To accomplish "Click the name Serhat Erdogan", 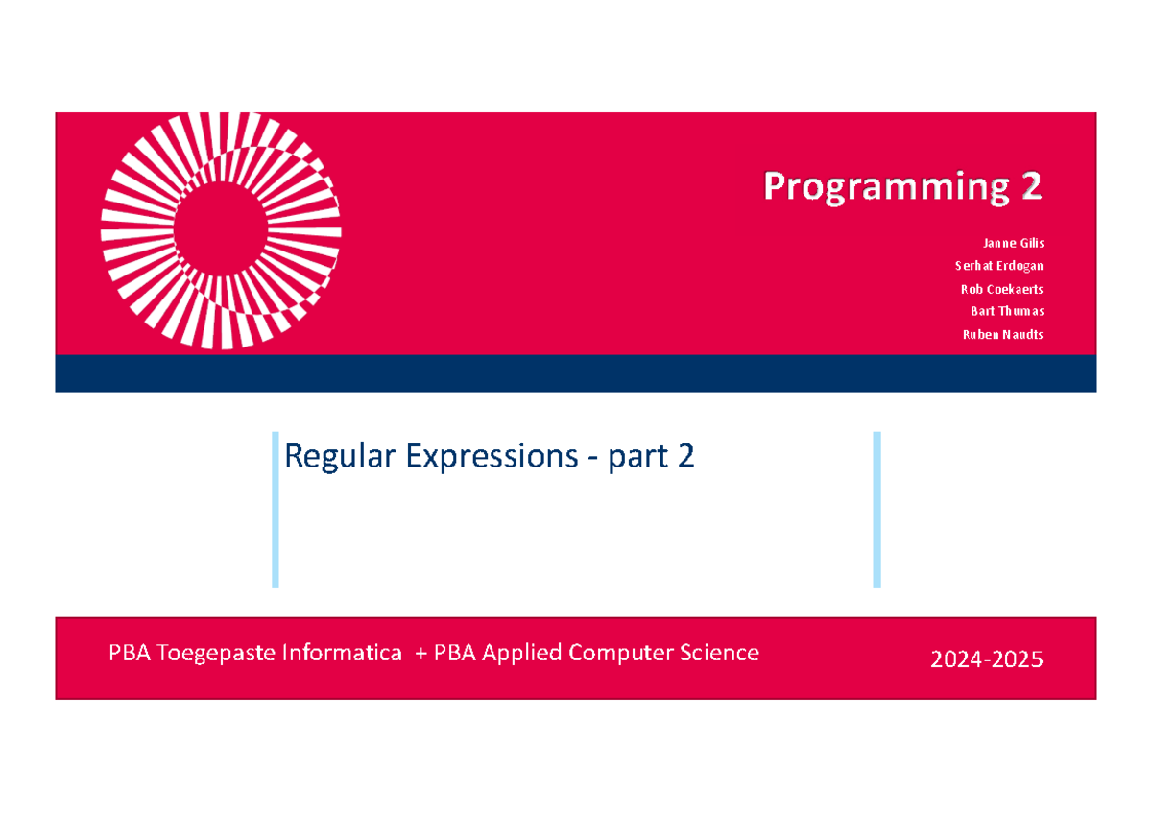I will (998, 266).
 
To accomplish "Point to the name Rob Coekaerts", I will (1001, 289).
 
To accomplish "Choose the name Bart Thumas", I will (1007, 311).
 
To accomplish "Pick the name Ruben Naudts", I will (1002, 335).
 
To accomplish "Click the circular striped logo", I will (221, 230).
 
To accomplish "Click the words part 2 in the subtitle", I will (651, 457).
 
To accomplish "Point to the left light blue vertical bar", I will (275, 509).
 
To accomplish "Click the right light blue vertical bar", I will (876, 509).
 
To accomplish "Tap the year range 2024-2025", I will (986, 660).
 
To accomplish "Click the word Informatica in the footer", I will (348, 654).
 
